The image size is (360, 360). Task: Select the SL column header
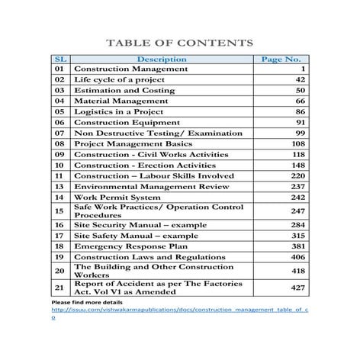pyautogui.click(x=59, y=59)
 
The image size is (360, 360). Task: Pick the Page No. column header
pyautogui.click(x=281, y=59)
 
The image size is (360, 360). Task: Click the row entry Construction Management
pyautogui.click(x=130, y=69)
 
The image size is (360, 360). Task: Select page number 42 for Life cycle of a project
pyautogui.click(x=300, y=79)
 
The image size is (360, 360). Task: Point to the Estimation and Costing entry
pyautogui.click(x=124, y=90)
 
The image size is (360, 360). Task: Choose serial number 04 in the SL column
pyautogui.click(x=59, y=101)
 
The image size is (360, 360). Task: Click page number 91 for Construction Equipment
pyautogui.click(x=300, y=122)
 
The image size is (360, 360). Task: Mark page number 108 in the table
pyautogui.click(x=297, y=143)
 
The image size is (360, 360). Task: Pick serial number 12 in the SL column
pyautogui.click(x=59, y=186)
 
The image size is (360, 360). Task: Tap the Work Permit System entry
pyautogui.click(x=117, y=197)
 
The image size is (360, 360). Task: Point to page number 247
pyautogui.click(x=297, y=211)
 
